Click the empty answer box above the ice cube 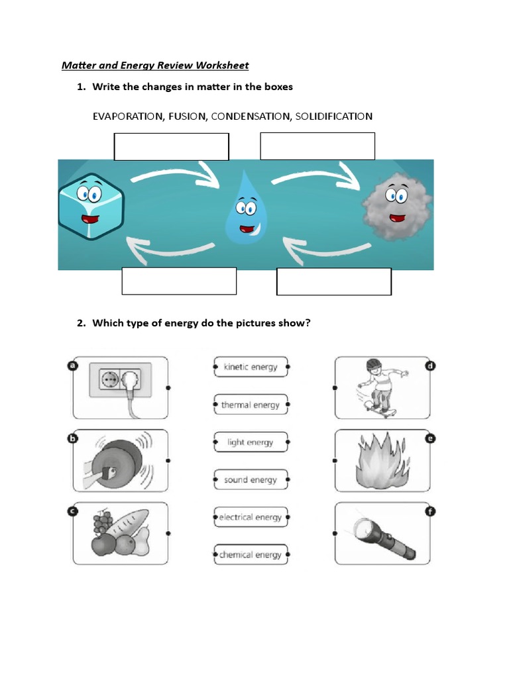tap(171, 146)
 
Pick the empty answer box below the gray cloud tap(333, 281)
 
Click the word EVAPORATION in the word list tap(128, 117)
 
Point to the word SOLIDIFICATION tap(333, 117)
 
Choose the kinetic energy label tap(251, 367)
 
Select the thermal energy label tap(251, 405)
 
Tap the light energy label tap(251, 442)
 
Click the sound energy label tap(251, 480)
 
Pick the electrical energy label tap(251, 517)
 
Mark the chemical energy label tap(251, 555)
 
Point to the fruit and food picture tap(121, 534)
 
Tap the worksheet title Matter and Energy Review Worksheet tap(155, 65)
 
